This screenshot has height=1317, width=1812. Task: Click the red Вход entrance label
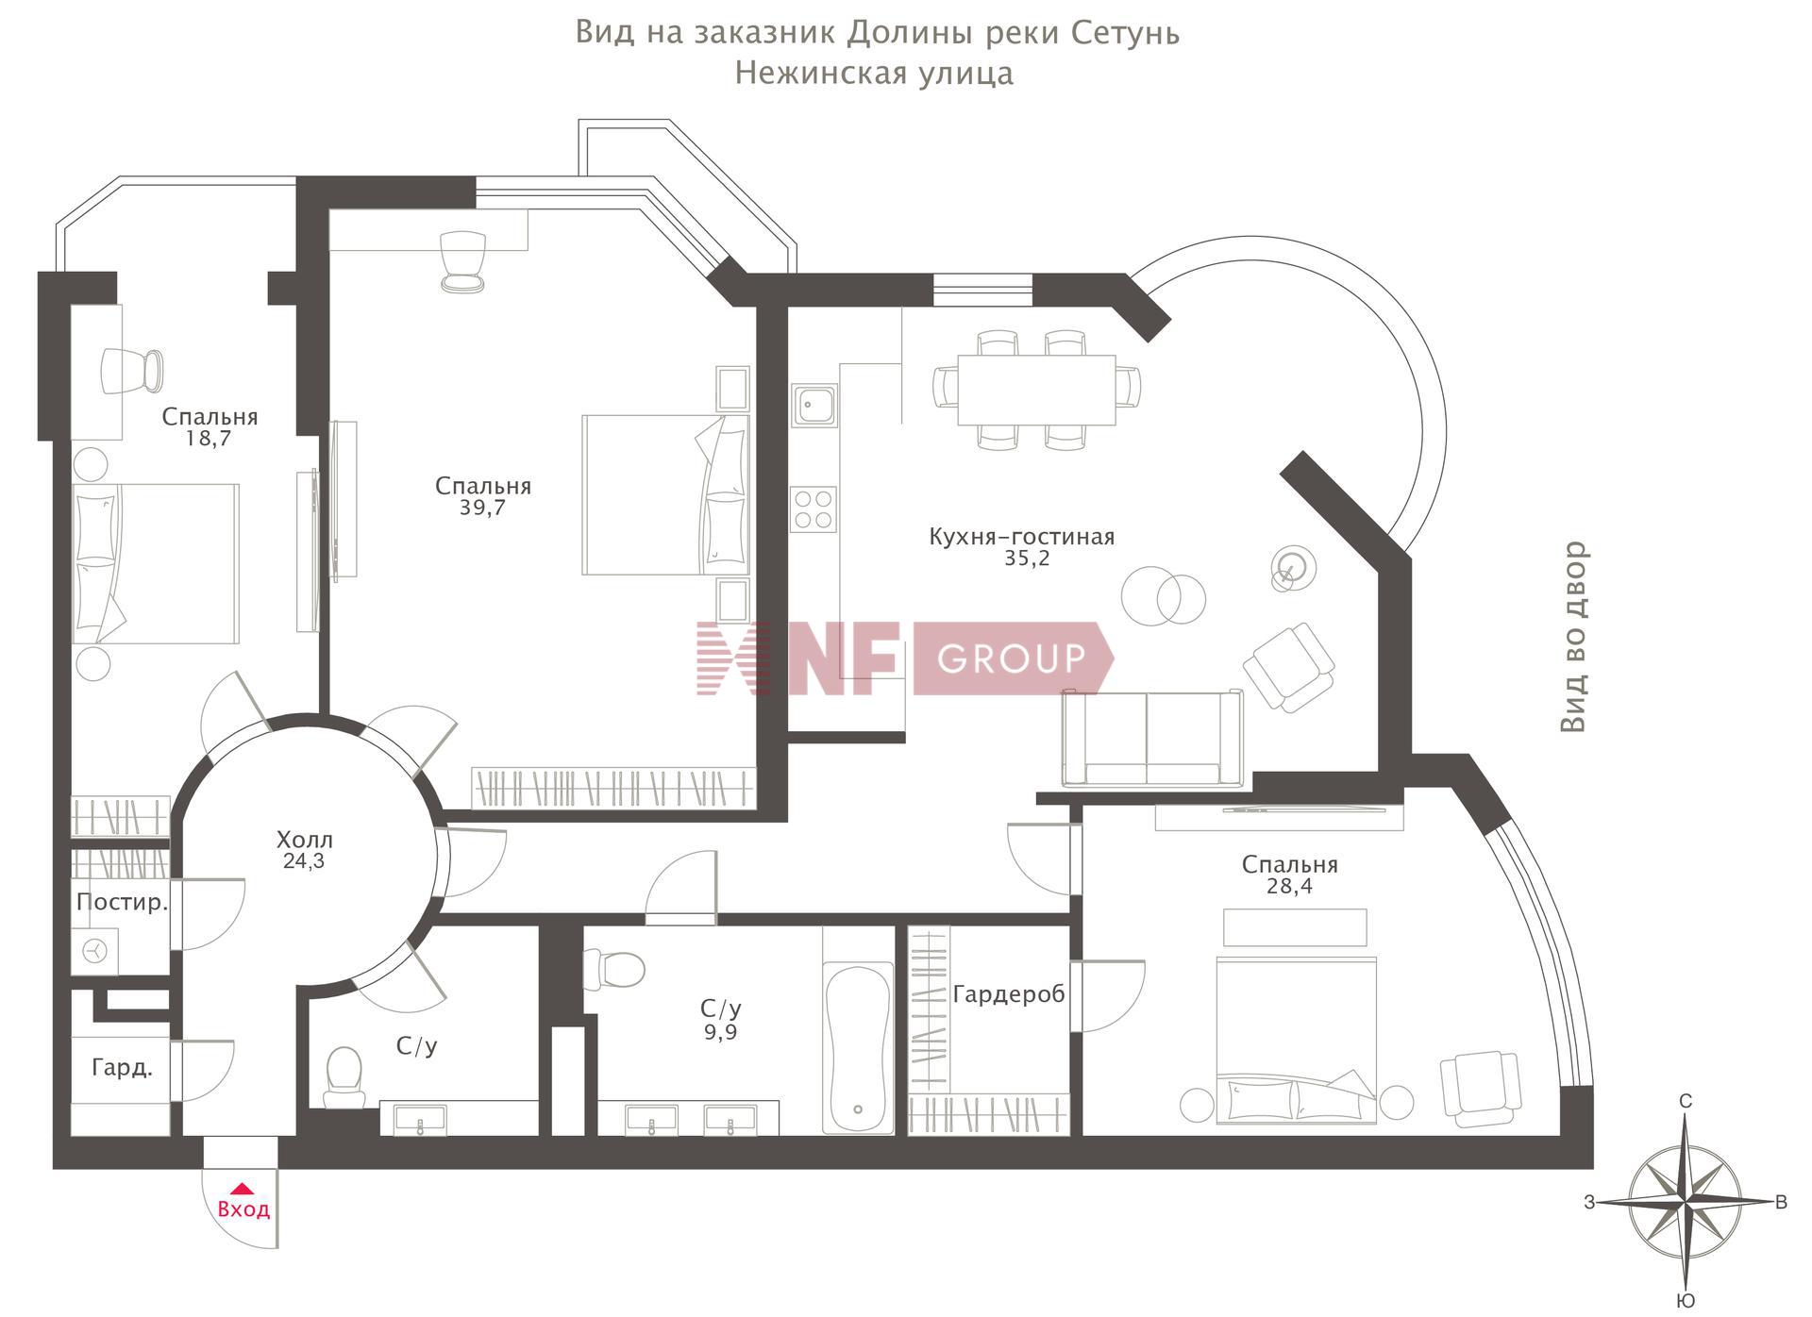[x=243, y=1209]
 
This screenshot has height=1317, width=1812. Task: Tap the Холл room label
[x=304, y=839]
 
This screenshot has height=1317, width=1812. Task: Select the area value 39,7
[x=483, y=508]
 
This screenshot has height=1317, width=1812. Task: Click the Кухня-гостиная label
[x=1022, y=537]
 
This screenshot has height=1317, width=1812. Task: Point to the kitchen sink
[x=814, y=406]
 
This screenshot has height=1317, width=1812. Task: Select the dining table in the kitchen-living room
[x=1036, y=390]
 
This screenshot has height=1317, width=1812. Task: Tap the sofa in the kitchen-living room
[x=1152, y=738]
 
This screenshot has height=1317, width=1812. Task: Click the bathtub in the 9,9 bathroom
[x=858, y=1047]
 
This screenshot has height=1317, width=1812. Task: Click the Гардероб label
[x=1009, y=994]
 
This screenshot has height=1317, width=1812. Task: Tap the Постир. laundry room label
[x=122, y=902]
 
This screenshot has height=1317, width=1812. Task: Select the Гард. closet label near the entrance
[x=122, y=1068]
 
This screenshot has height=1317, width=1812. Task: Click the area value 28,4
[x=1290, y=887]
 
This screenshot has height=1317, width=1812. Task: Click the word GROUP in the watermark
[x=1011, y=658]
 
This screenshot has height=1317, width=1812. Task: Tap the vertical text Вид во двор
[x=1572, y=637]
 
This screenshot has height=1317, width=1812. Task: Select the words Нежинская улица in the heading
[x=874, y=74]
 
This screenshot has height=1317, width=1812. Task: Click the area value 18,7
[x=210, y=439]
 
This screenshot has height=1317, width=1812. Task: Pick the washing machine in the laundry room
[x=95, y=951]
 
